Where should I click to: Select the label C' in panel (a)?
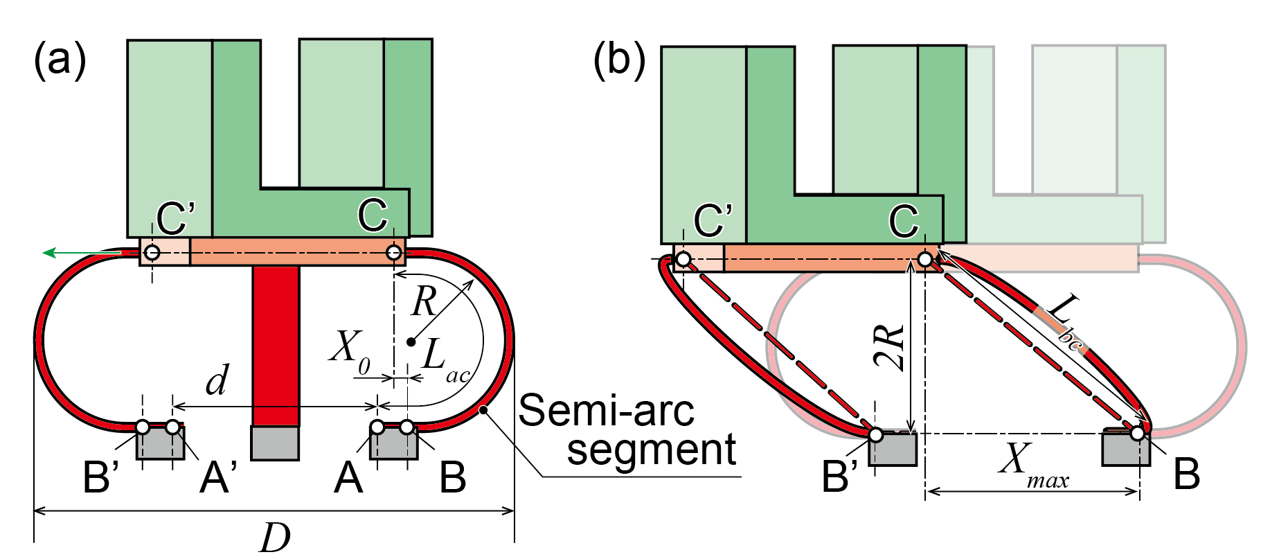coord(175,218)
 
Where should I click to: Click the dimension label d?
coord(217,380)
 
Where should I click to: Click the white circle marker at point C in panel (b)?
coord(925,260)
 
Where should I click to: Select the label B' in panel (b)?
coord(839,477)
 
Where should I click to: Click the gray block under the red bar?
coord(275,443)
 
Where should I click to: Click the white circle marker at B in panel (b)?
coord(1137,433)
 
